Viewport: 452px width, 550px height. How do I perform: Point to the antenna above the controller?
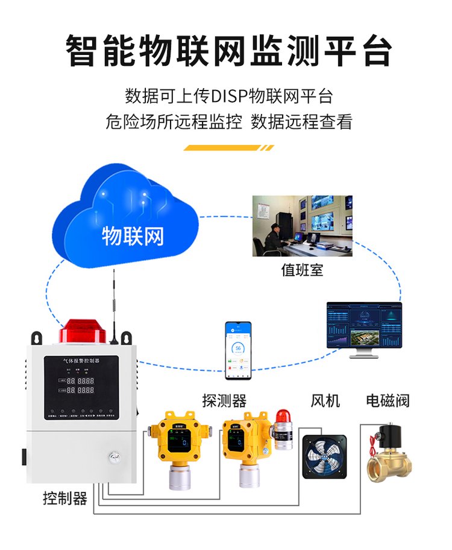(113, 302)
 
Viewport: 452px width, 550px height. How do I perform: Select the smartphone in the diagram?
(238, 350)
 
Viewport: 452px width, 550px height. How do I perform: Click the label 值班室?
(302, 270)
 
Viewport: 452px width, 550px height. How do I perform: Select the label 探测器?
(224, 400)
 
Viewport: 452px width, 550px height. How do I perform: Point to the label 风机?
(325, 400)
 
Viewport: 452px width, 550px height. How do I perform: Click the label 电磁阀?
(388, 400)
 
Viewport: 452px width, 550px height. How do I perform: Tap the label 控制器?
(65, 499)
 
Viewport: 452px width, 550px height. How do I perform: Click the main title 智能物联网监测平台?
(228, 51)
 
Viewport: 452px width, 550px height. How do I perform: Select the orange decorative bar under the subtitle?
(228, 147)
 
